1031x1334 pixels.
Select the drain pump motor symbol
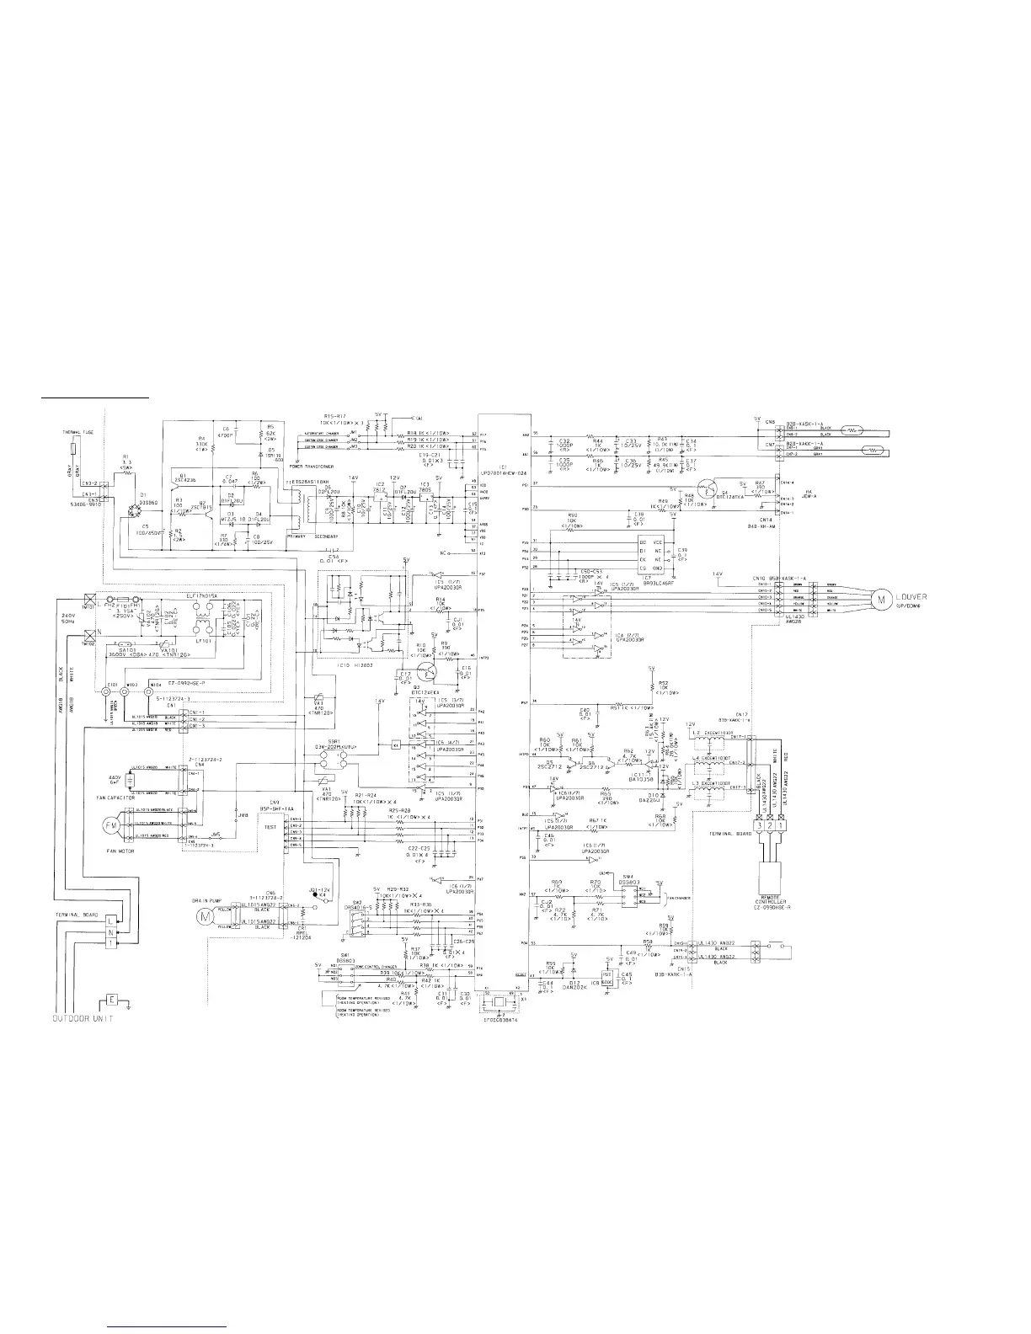[x=202, y=914]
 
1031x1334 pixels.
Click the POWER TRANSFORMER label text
[x=308, y=466]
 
